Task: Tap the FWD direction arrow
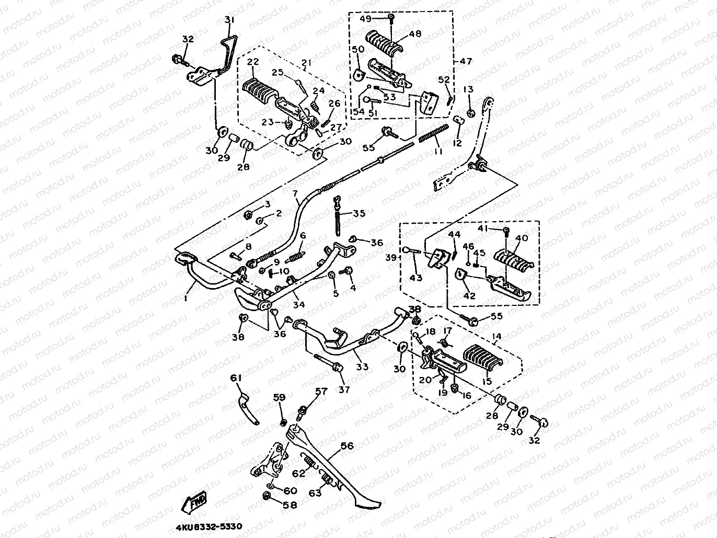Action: coord(193,503)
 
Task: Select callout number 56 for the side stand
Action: coord(348,446)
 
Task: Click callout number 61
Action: coord(236,377)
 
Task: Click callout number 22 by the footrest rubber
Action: coord(253,62)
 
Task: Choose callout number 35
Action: coord(359,213)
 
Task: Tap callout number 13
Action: coord(468,90)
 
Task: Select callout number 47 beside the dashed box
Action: coord(466,61)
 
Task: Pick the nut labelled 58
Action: coord(268,495)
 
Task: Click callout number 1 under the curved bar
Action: coord(185,298)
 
